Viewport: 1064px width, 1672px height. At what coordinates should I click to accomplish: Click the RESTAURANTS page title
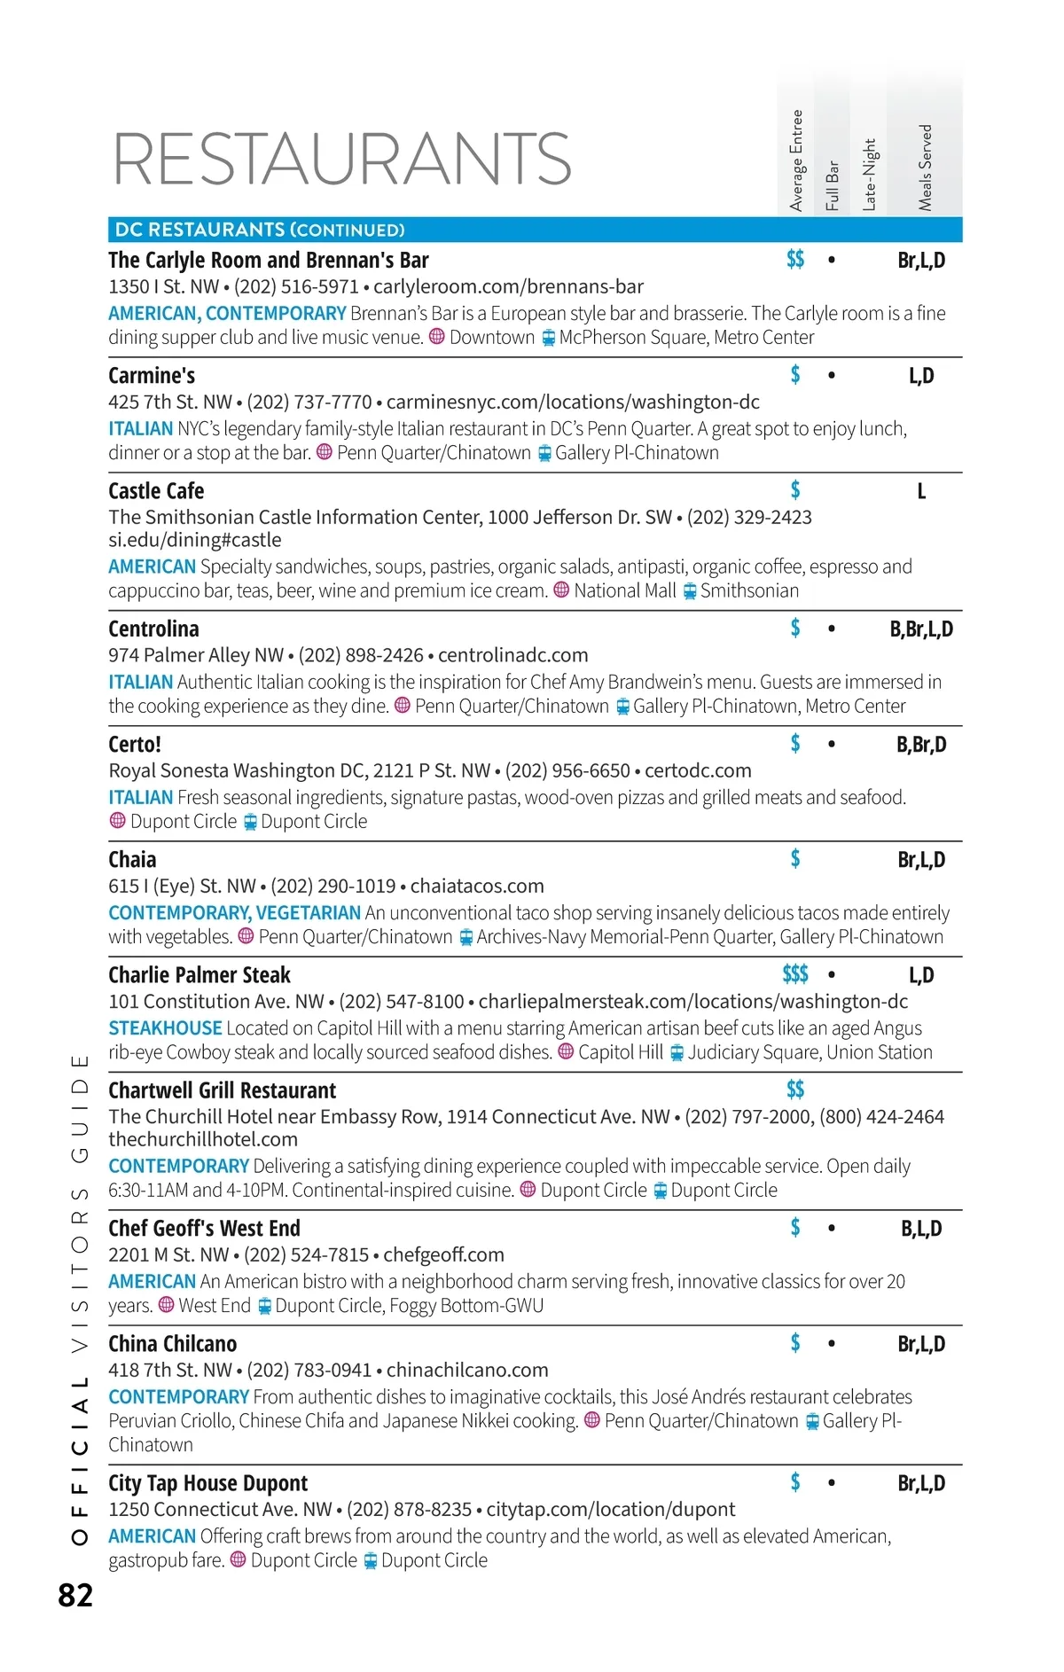pyautogui.click(x=342, y=160)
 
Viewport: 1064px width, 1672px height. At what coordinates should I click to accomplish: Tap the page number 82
pyautogui.click(x=75, y=1595)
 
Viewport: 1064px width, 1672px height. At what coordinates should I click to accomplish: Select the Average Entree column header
pyautogui.click(x=796, y=160)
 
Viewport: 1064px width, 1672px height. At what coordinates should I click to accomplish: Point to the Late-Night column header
pyautogui.click(x=869, y=175)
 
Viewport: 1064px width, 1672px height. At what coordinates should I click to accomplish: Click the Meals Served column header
pyautogui.click(x=925, y=168)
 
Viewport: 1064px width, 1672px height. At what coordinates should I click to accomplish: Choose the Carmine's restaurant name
pyautogui.click(x=152, y=376)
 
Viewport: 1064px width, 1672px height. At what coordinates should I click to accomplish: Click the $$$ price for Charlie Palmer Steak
pyautogui.click(x=795, y=975)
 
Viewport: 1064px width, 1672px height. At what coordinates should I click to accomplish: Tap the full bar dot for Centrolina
pyautogui.click(x=831, y=629)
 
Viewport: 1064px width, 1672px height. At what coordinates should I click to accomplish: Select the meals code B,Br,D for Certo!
pyautogui.click(x=921, y=745)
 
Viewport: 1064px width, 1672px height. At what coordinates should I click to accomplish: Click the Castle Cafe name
pyautogui.click(x=156, y=491)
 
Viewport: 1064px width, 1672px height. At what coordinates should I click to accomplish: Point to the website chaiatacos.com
pyautogui.click(x=477, y=887)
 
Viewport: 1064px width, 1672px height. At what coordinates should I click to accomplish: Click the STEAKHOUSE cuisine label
pyautogui.click(x=165, y=1028)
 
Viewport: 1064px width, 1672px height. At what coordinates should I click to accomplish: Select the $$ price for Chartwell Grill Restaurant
pyautogui.click(x=795, y=1090)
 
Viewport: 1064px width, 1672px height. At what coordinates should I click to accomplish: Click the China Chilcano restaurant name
pyautogui.click(x=173, y=1344)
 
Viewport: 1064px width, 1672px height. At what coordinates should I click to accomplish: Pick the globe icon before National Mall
pyautogui.click(x=561, y=590)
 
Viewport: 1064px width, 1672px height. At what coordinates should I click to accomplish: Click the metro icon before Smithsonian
pyautogui.click(x=690, y=591)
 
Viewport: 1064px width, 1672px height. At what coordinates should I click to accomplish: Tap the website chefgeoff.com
pyautogui.click(x=443, y=1255)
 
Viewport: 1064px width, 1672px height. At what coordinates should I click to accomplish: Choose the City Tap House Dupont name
pyautogui.click(x=207, y=1483)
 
